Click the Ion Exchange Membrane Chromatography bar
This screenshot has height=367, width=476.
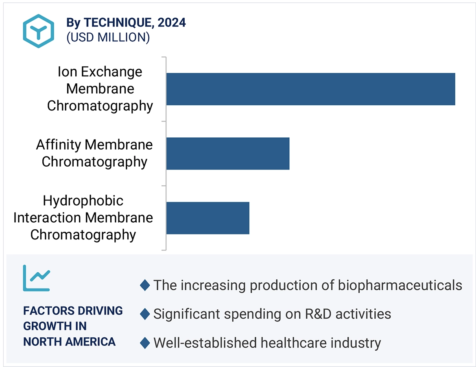point(310,89)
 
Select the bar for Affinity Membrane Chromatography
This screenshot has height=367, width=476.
point(227,153)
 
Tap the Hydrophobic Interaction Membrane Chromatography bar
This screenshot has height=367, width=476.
point(207,218)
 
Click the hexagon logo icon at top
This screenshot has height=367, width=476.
point(38,31)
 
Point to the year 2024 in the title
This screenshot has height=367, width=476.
point(172,23)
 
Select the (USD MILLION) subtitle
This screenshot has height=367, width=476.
point(108,37)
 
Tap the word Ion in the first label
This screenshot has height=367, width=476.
point(67,72)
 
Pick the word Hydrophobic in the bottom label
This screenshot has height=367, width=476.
point(83,201)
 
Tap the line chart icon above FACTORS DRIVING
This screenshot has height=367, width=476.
point(36,278)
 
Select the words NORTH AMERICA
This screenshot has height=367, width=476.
point(69,341)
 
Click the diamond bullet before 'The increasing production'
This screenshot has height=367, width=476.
point(145,285)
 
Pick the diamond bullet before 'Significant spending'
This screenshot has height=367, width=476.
point(145,314)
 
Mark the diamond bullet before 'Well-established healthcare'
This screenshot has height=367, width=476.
point(145,343)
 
